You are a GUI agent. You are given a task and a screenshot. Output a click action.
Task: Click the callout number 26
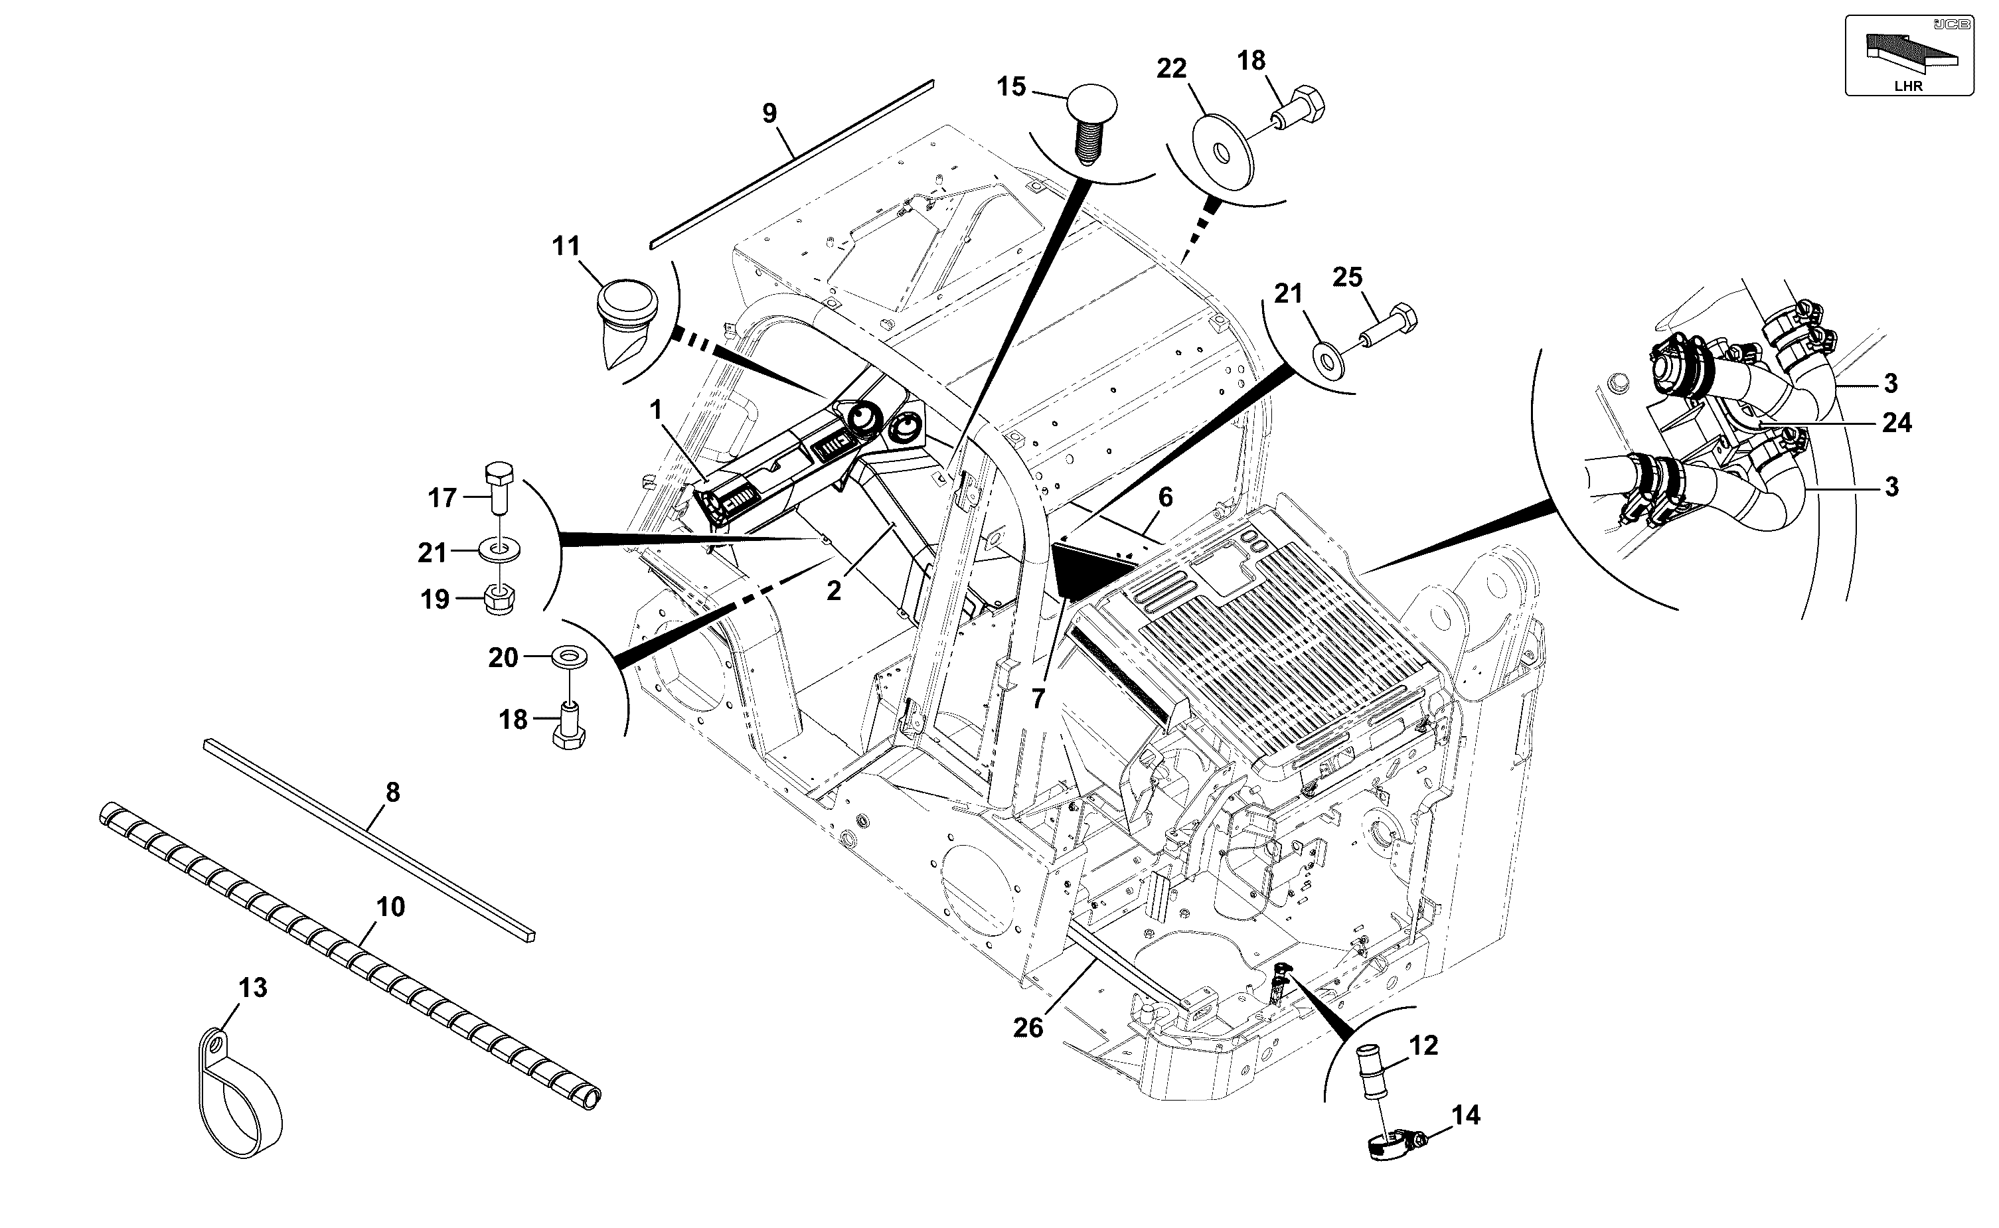(x=1028, y=1028)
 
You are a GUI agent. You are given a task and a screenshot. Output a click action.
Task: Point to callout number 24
(x=1897, y=423)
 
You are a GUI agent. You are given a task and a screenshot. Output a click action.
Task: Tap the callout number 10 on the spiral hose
(x=390, y=907)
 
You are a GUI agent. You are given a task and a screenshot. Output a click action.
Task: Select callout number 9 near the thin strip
(x=769, y=113)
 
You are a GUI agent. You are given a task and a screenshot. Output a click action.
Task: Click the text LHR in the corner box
(x=1908, y=86)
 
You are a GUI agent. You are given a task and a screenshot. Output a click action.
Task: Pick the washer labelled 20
(x=570, y=657)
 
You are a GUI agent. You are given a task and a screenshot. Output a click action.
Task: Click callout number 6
(x=1166, y=497)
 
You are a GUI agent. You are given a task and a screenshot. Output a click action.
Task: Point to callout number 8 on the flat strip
(x=392, y=792)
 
